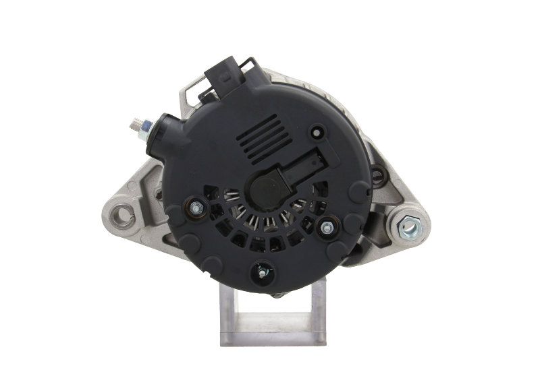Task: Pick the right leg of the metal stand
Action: pos(317,317)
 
